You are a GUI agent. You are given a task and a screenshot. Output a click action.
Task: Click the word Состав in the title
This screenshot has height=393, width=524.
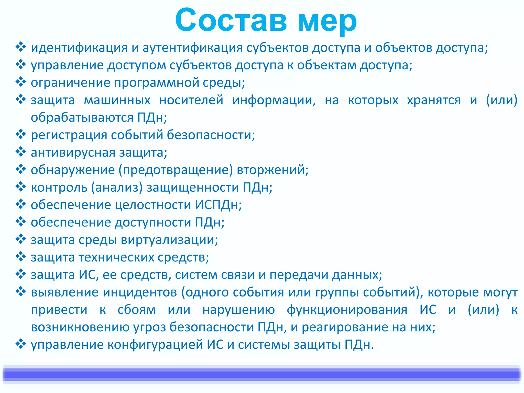click(x=231, y=20)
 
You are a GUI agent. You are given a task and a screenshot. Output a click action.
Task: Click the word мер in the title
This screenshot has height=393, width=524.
click(x=327, y=22)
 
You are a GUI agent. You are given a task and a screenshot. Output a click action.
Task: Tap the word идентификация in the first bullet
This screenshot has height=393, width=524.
click(x=79, y=48)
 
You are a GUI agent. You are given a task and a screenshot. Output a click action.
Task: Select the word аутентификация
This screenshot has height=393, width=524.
click(x=192, y=48)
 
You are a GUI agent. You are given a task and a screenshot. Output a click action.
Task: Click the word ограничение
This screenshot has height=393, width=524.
click(x=70, y=83)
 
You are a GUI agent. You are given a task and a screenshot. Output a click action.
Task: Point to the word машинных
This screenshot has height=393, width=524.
click(x=117, y=100)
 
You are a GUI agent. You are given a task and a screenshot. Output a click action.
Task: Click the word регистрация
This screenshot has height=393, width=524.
click(x=69, y=135)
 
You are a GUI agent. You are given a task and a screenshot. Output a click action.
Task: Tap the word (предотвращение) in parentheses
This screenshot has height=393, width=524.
click(x=176, y=170)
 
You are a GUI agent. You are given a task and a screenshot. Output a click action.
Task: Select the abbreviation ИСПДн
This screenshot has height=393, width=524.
click(x=216, y=205)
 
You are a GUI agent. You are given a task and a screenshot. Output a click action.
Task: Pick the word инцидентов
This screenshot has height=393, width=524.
click(x=140, y=292)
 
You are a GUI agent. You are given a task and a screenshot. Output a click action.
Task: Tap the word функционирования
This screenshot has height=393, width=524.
click(x=347, y=310)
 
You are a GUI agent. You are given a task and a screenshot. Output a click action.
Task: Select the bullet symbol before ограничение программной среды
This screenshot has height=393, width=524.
click(x=21, y=82)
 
